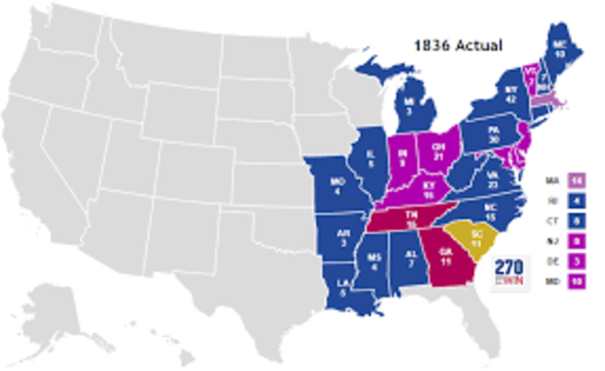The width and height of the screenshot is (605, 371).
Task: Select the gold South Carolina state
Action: pyautogui.click(x=462, y=240)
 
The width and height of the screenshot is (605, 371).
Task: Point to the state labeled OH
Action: pyautogui.click(x=438, y=152)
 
